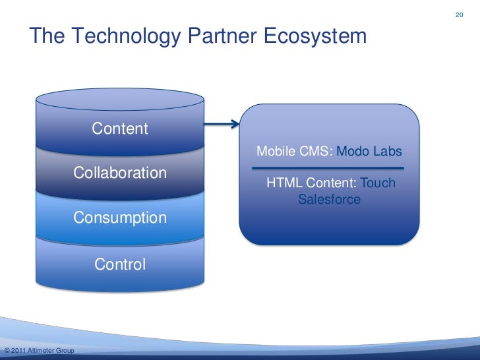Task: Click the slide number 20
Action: click(460, 15)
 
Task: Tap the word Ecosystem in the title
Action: click(315, 36)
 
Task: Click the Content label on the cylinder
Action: click(120, 128)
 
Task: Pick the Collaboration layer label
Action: click(120, 173)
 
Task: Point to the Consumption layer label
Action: click(120, 218)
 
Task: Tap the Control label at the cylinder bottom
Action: click(120, 264)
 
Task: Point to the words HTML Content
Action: click(311, 183)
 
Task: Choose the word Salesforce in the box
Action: click(329, 198)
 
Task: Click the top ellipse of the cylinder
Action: click(119, 99)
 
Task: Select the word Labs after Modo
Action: click(388, 152)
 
